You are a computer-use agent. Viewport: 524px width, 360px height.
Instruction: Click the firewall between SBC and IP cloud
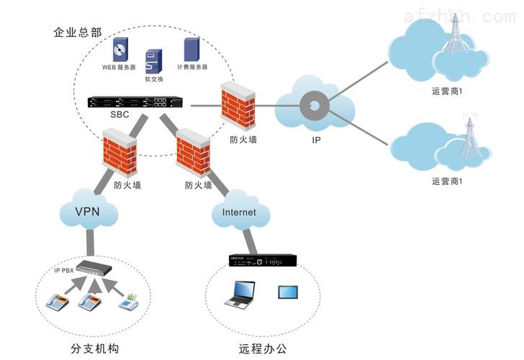pyautogui.click(x=238, y=104)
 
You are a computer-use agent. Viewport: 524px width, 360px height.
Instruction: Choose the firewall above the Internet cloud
pyautogui.click(x=194, y=153)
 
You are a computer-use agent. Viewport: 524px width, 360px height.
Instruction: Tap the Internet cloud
pyautogui.click(x=239, y=212)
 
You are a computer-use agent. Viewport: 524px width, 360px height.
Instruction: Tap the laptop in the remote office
pyautogui.click(x=239, y=293)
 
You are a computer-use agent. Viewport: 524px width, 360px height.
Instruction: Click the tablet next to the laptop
pyautogui.click(x=289, y=292)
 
